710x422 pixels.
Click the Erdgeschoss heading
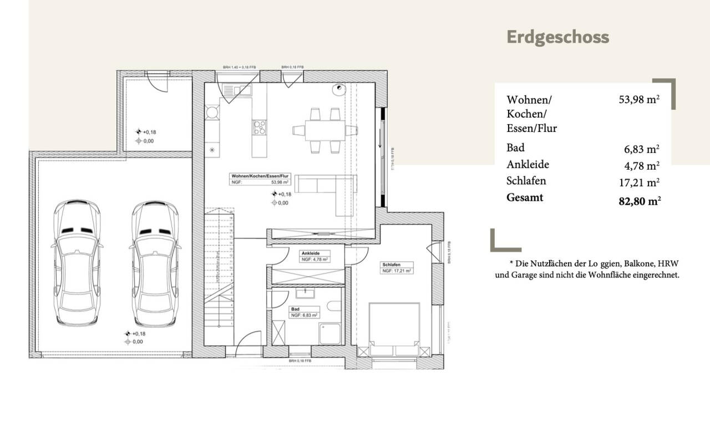pos(557,37)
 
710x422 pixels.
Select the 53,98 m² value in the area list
pos(638,100)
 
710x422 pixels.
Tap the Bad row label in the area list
pos(515,148)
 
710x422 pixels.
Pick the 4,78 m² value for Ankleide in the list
pos(641,165)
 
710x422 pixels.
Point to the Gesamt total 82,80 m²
pos(639,201)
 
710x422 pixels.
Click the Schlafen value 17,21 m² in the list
pos(640,181)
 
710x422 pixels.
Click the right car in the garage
pos(155,263)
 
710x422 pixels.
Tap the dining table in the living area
pos(324,130)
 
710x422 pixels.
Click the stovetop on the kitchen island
pos(259,128)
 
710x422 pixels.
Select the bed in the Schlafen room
pos(394,327)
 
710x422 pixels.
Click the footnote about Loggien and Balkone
pos(587,268)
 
